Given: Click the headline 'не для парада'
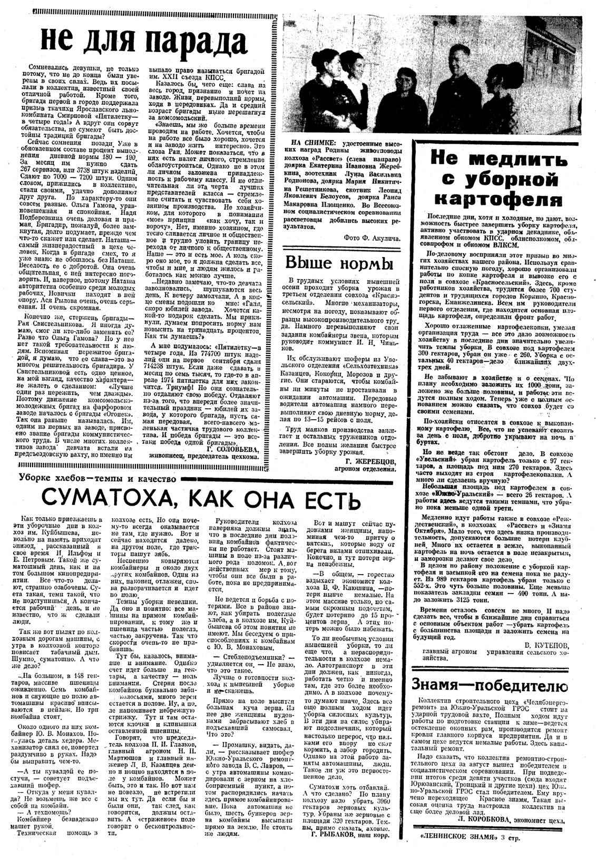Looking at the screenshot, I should [x=143, y=41].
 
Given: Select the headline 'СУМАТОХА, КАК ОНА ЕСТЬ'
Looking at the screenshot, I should [x=194, y=497].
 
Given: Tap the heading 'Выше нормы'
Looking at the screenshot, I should [x=339, y=262].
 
